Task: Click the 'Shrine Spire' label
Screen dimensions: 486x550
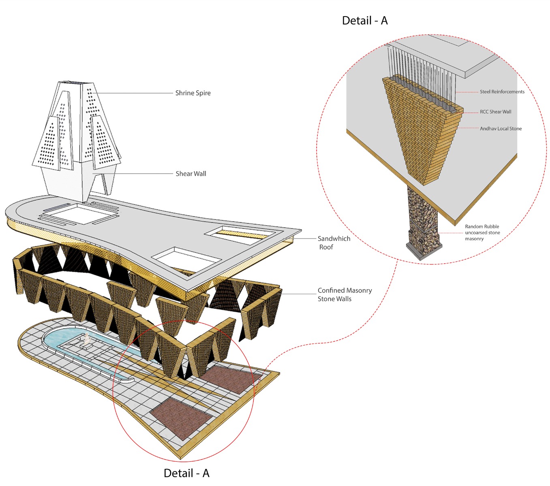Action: coord(193,93)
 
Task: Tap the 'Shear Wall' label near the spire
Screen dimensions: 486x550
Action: coord(190,174)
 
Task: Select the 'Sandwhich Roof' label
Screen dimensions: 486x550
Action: coord(334,243)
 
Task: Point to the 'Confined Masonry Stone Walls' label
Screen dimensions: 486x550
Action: coord(344,294)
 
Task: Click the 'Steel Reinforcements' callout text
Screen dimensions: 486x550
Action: coord(502,92)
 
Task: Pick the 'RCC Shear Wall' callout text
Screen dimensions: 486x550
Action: coord(495,112)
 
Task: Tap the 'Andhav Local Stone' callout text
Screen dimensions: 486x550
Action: coord(501,129)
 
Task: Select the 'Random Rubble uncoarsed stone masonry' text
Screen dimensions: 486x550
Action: coord(482,232)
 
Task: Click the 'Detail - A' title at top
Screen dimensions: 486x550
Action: coord(365,21)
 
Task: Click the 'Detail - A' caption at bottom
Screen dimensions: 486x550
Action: coord(186,473)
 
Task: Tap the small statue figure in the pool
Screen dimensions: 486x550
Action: coord(86,339)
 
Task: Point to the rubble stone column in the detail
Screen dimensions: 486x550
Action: coord(422,215)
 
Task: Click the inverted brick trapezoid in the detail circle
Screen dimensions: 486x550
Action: coord(422,134)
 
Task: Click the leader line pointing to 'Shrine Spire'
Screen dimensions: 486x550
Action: coord(134,93)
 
